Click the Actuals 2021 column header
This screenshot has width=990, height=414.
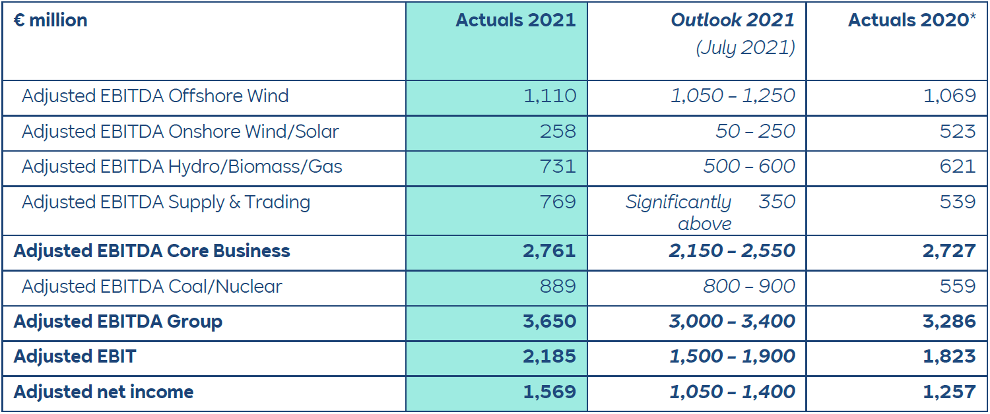(515, 20)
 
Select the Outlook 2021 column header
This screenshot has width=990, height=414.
(733, 20)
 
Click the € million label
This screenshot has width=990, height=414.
(50, 20)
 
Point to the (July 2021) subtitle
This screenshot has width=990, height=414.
(745, 48)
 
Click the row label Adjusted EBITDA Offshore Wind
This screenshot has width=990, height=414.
(155, 96)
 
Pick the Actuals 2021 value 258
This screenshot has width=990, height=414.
(558, 131)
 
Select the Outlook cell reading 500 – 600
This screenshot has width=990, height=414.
(749, 166)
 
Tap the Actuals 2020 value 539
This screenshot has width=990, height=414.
(958, 202)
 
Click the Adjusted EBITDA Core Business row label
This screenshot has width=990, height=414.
(152, 251)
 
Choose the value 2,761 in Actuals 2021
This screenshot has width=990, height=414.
(549, 251)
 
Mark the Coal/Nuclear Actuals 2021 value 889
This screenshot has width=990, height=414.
(558, 286)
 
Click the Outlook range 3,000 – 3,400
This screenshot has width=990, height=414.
(732, 322)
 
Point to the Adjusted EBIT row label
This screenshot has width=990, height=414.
(75, 357)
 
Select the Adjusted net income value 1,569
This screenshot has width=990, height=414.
(549, 392)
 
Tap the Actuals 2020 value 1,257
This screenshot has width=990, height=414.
(949, 392)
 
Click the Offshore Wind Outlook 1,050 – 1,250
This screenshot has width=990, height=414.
(733, 96)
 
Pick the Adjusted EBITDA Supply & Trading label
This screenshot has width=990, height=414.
(166, 202)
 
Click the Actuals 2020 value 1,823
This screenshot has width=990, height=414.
(949, 357)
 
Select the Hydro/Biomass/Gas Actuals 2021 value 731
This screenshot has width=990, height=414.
(558, 166)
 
